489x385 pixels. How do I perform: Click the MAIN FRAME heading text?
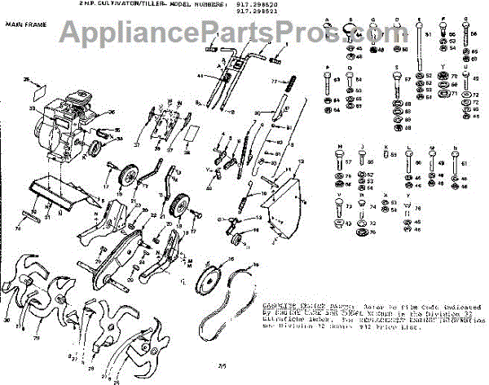pyautogui.click(x=24, y=25)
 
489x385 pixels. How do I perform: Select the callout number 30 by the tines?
pyautogui.click(x=7, y=321)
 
